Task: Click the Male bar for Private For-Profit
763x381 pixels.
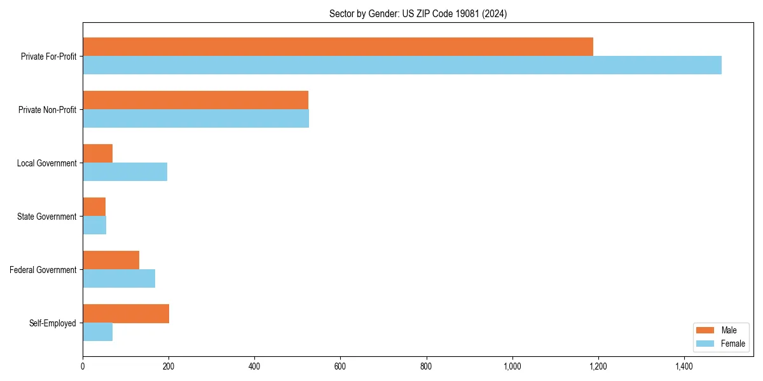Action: point(337,47)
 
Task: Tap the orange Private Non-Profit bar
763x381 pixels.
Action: point(195,100)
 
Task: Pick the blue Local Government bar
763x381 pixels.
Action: point(125,172)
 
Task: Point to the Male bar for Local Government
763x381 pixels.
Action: point(97,154)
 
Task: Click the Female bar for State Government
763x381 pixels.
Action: point(94,225)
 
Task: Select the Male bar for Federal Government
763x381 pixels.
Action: point(111,260)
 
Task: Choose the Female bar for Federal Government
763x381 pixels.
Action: point(119,279)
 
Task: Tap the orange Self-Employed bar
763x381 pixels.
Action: point(126,314)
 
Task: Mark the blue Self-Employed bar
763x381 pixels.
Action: point(97,332)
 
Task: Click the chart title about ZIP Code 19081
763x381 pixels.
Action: point(418,13)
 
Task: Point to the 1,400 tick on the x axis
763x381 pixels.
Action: point(684,366)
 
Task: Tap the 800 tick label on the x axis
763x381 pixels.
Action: point(426,366)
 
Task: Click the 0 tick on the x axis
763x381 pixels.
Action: point(83,366)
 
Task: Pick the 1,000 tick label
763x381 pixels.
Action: point(512,366)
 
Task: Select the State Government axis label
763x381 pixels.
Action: point(46,217)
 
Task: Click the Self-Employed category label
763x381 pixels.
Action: point(52,323)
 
